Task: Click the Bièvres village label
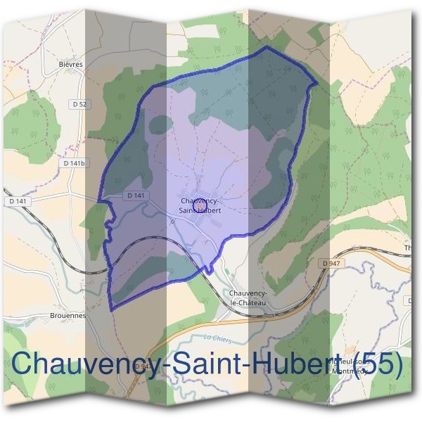(x=72, y=64)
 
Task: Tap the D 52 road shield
(x=79, y=104)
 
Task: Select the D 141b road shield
(x=74, y=163)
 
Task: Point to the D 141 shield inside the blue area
(x=136, y=196)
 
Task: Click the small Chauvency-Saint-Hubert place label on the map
(x=200, y=205)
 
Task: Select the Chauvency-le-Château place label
(x=247, y=297)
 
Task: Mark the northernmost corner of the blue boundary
(x=267, y=47)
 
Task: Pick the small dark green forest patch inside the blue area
(x=161, y=124)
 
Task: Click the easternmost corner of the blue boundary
(x=317, y=84)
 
